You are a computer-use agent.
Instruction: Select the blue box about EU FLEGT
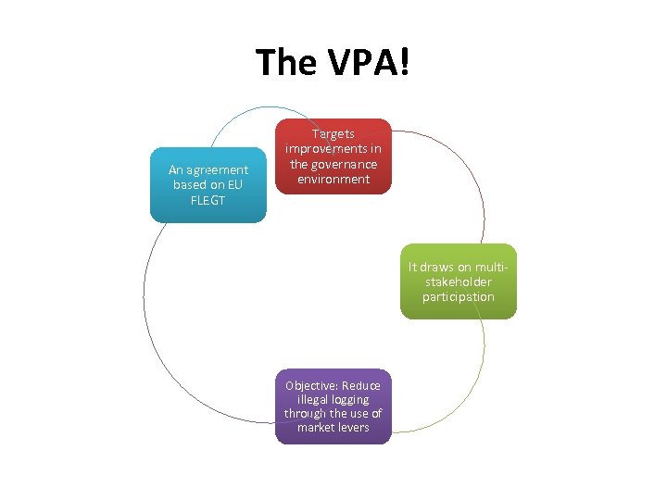click(x=208, y=185)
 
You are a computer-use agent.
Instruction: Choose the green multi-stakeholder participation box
click(x=459, y=281)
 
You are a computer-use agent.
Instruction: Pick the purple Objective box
click(x=333, y=406)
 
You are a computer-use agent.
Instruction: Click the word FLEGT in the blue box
click(x=208, y=200)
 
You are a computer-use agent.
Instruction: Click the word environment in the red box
click(x=333, y=179)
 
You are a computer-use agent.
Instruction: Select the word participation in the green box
click(x=459, y=297)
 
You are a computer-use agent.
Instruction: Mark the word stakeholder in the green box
click(x=459, y=282)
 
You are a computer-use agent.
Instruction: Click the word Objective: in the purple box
click(x=313, y=385)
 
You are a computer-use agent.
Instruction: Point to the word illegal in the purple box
click(x=308, y=399)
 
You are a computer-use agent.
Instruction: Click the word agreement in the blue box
click(x=219, y=169)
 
